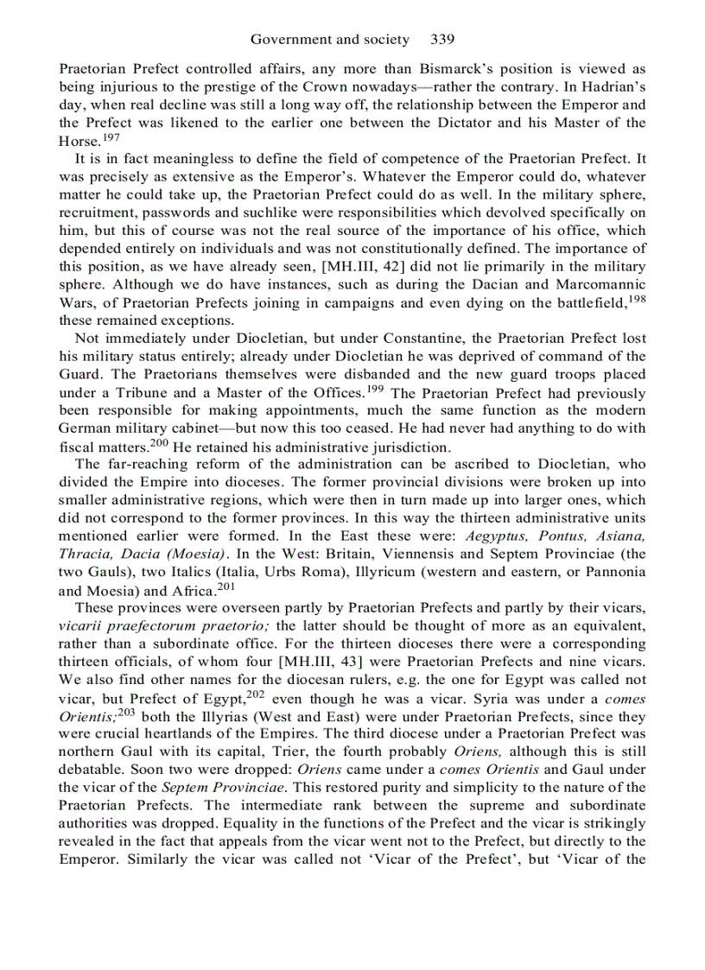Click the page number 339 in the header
pos(442,40)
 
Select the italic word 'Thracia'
pos(86,554)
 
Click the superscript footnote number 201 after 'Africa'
pos(226,586)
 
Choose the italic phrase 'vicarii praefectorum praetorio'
pos(164,626)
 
